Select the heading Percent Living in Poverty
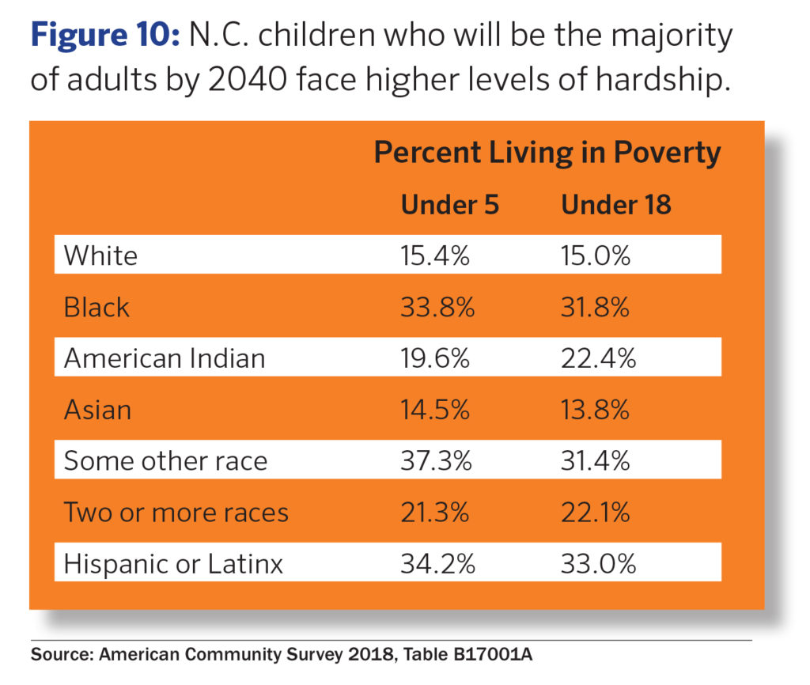tap(547, 153)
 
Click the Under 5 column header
tap(450, 205)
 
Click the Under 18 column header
tap(616, 205)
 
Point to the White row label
tap(100, 255)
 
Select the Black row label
tap(97, 307)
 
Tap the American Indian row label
tap(165, 358)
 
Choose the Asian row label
tap(97, 410)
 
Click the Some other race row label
tap(165, 461)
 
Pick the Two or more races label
tap(176, 513)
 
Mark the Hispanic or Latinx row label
tap(173, 564)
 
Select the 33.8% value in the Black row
tap(437, 307)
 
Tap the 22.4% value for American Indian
tap(599, 358)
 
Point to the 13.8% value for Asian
tap(596, 410)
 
